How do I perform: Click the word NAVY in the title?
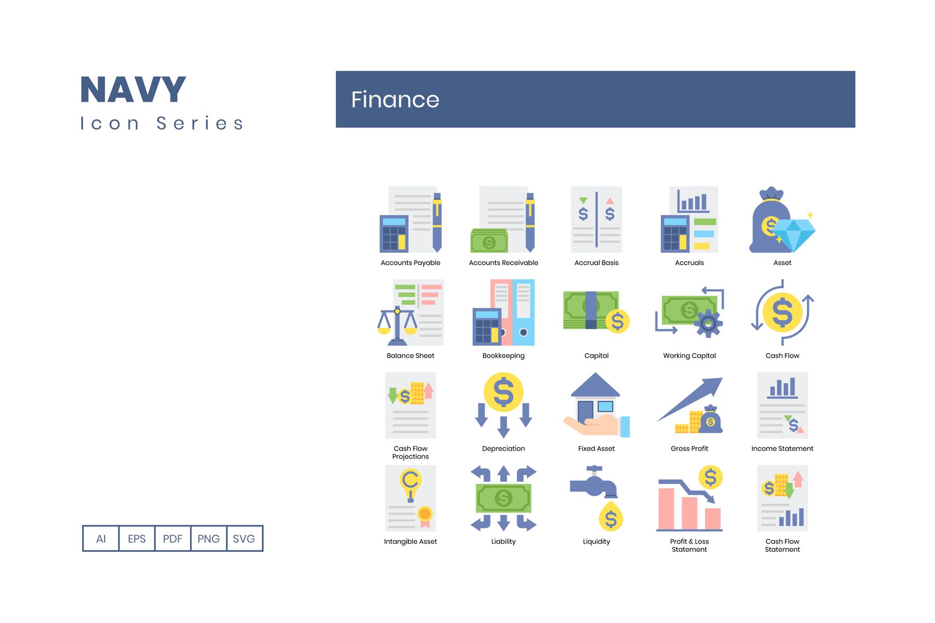pyautogui.click(x=133, y=90)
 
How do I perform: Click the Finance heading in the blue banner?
pyautogui.click(x=395, y=100)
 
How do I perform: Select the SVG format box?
pyautogui.click(x=244, y=538)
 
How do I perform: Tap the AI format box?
pyautogui.click(x=101, y=538)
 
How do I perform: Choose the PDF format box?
pyautogui.click(x=172, y=538)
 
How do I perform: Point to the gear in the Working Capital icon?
pyautogui.click(x=708, y=324)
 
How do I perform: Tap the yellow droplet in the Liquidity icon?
pyautogui.click(x=611, y=517)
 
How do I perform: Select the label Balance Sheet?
pyautogui.click(x=410, y=356)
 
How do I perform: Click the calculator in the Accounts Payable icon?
pyautogui.click(x=394, y=234)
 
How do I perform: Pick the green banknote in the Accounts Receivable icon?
pyautogui.click(x=489, y=241)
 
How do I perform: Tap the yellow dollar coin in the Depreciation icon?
pyautogui.click(x=503, y=392)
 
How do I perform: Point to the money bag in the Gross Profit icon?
pyautogui.click(x=711, y=419)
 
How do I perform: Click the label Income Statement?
pyautogui.click(x=782, y=449)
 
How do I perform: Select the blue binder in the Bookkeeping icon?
pyautogui.click(x=524, y=313)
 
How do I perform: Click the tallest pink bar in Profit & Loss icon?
pyautogui.click(x=666, y=509)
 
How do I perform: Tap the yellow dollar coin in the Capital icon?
pyautogui.click(x=618, y=321)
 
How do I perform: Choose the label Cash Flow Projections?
pyautogui.click(x=410, y=453)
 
